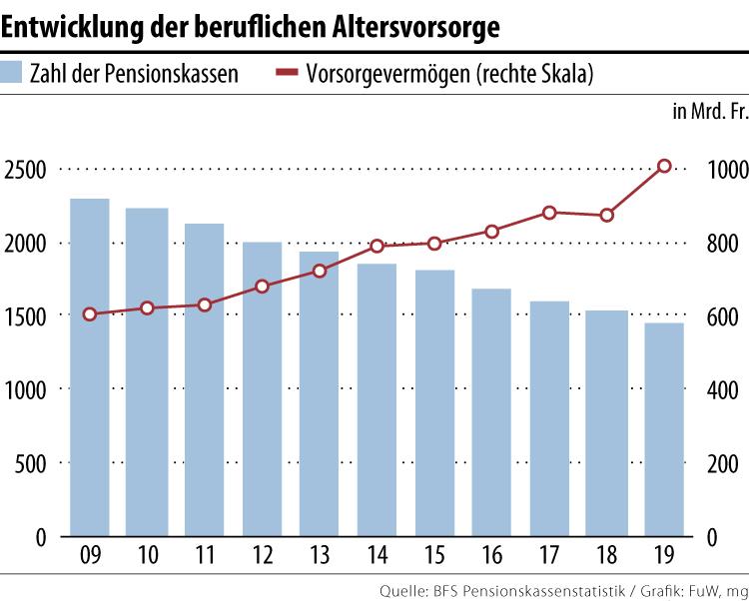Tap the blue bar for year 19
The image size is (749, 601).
tap(663, 429)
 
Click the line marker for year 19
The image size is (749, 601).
tap(663, 166)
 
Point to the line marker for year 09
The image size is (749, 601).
tap(90, 314)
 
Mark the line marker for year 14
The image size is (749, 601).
tap(376, 246)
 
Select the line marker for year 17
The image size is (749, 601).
tap(549, 213)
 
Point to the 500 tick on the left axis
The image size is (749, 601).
tap(32, 463)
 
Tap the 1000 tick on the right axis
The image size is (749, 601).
tap(723, 169)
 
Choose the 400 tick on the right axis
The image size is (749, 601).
tap(727, 389)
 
